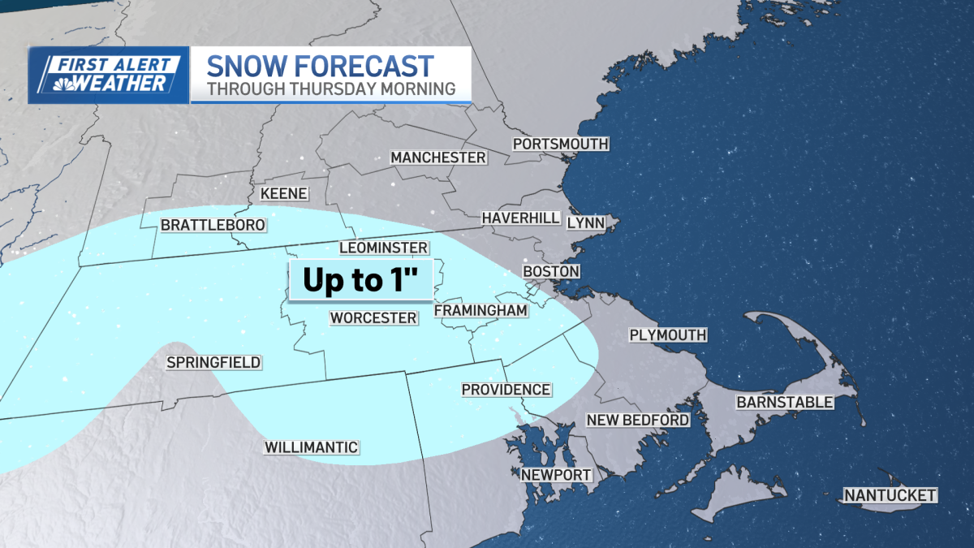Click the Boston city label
tap(551, 271)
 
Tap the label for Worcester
tap(373, 317)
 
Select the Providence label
tap(506, 390)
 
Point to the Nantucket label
tap(890, 495)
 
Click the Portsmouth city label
tap(560, 144)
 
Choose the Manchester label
tap(438, 157)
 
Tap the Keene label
tap(283, 193)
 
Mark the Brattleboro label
tap(213, 224)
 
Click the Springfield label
tap(213, 362)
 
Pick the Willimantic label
tap(312, 447)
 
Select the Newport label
tap(556, 475)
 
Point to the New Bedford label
tap(638, 420)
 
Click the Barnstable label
tap(784, 402)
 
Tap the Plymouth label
tap(668, 334)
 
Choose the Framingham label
tap(481, 310)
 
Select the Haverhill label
tap(520, 218)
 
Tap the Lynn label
tap(585, 222)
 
